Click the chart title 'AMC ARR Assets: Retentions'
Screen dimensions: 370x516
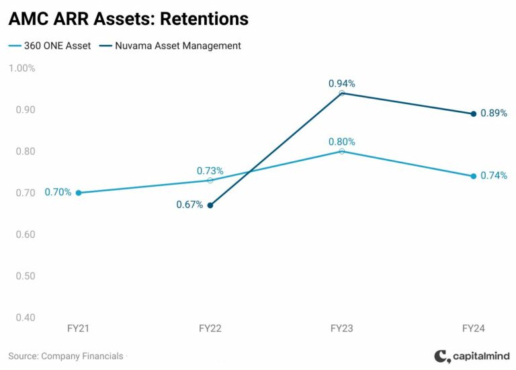128,19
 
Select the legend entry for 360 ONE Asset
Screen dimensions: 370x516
48,46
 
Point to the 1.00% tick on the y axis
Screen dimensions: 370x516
21,68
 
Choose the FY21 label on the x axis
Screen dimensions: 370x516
79,329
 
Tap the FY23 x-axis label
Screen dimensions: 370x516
342,329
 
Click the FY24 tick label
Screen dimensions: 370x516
473,329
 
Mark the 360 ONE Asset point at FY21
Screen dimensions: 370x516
79,193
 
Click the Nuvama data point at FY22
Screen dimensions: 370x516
210,205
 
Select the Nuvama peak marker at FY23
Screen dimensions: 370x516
342,93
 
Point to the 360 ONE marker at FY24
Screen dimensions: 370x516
473,176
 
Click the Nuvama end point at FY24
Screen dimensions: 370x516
473,114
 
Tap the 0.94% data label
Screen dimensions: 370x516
342,83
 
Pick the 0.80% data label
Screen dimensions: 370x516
342,142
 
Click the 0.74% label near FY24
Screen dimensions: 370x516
494,176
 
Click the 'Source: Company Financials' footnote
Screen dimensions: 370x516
66,356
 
